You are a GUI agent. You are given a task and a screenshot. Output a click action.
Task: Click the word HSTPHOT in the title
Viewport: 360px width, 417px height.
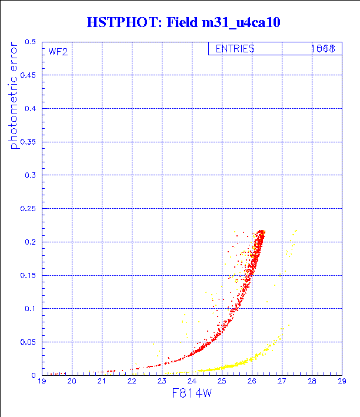(116, 23)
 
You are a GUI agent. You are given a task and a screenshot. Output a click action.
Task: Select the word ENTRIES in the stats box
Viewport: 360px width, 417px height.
(235, 49)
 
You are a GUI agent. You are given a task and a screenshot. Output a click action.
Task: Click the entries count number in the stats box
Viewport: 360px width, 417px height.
(323, 49)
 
